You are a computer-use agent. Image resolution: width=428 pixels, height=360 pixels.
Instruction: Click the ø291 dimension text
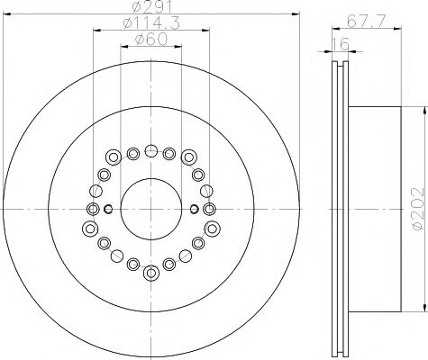pyautogui.click(x=151, y=8)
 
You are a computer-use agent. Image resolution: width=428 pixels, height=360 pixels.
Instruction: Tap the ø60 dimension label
pyautogui.click(x=151, y=39)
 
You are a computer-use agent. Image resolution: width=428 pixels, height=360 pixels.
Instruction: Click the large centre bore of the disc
pyautogui.click(x=151, y=209)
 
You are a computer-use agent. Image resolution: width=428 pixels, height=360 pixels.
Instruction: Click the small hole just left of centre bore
pyautogui.click(x=109, y=210)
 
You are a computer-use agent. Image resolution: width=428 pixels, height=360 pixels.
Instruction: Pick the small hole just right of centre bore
pyautogui.click(x=195, y=210)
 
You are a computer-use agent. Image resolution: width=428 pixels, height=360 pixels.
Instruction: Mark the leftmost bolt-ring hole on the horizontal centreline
pyautogui.click(x=92, y=209)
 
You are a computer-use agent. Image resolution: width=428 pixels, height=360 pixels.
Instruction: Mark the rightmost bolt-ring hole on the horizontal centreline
pyautogui.click(x=212, y=209)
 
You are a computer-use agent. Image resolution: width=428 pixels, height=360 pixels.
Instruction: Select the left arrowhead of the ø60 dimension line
pyautogui.click(x=123, y=47)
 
